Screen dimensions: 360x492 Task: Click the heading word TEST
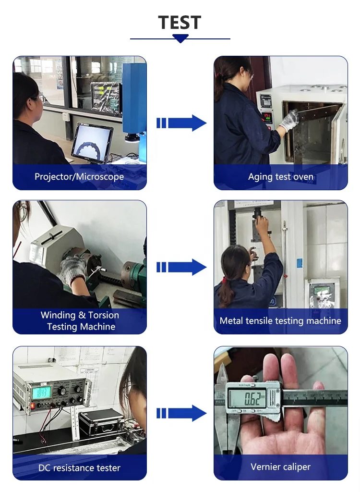pyautogui.click(x=180, y=23)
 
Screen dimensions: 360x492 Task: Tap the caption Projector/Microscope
pyautogui.click(x=79, y=177)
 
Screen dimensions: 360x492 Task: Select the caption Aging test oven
pyautogui.click(x=281, y=177)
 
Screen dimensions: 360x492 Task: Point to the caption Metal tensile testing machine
pyautogui.click(x=280, y=320)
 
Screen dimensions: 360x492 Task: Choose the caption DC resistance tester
pyautogui.click(x=79, y=467)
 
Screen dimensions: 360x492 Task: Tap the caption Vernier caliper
pyautogui.click(x=280, y=467)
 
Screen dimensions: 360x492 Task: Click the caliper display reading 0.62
pyautogui.click(x=248, y=398)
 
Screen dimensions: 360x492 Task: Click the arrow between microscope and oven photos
pyautogui.click(x=181, y=123)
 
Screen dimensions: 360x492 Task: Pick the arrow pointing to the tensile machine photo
pyautogui.click(x=181, y=267)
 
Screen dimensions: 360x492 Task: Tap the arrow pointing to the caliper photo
pyautogui.click(x=181, y=413)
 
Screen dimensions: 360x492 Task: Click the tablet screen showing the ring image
pyautogui.click(x=92, y=143)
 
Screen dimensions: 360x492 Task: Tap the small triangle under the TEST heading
pyautogui.click(x=180, y=39)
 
